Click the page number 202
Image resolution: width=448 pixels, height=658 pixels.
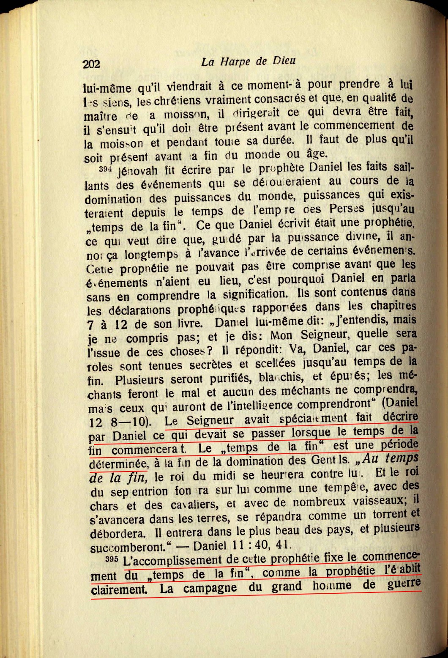pyautogui.click(x=91, y=64)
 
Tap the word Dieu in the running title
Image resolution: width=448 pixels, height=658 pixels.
pyautogui.click(x=284, y=61)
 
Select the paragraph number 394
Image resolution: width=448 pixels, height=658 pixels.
pyautogui.click(x=104, y=169)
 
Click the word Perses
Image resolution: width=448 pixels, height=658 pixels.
pyautogui.click(x=347, y=209)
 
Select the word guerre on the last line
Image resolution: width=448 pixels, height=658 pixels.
pyautogui.click(x=404, y=584)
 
